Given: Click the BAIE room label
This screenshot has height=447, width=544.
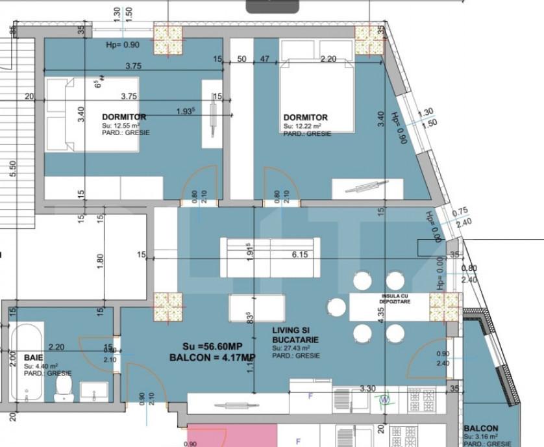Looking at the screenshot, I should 34,357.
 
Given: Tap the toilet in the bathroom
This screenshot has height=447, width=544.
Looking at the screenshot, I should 64,387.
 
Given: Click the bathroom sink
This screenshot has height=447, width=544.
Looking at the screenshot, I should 94,390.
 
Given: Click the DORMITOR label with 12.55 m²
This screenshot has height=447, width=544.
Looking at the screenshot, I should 124,117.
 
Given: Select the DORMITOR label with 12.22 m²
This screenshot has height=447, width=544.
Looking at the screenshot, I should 305,118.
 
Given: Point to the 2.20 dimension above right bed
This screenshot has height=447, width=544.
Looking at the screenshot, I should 329,59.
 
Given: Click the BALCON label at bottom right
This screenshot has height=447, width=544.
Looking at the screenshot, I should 481,429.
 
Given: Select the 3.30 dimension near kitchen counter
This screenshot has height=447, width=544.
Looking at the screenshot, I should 368,389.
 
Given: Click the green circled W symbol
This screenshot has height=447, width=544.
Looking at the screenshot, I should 384,399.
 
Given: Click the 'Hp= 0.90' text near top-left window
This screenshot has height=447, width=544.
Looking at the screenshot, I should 123,45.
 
